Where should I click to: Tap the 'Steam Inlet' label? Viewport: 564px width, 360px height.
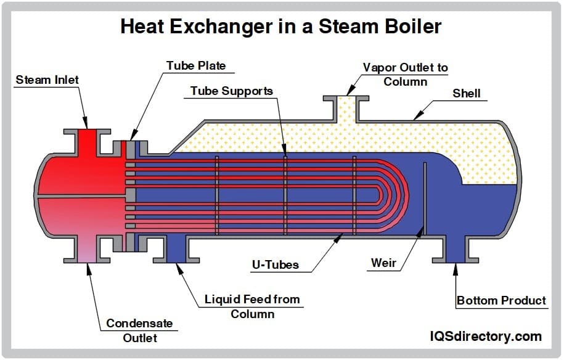tap(47, 80)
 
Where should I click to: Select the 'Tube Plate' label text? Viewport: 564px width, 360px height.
tap(196, 65)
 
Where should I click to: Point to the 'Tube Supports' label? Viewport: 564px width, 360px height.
tap(231, 91)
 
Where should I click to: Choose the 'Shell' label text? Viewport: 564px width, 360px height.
tap(467, 94)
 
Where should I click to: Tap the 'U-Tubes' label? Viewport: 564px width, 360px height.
tap(275, 265)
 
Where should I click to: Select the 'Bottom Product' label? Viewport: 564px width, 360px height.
tap(501, 301)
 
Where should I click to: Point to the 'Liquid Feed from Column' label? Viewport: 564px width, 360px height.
tap(252, 306)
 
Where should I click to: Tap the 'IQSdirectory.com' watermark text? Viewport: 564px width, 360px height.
tap(485, 337)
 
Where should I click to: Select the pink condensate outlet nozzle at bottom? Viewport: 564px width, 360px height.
tap(86, 250)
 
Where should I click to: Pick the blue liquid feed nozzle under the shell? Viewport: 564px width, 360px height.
tap(176, 250)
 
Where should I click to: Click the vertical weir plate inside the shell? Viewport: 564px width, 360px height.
tap(424, 197)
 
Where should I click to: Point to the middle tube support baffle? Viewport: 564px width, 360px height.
tap(285, 195)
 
